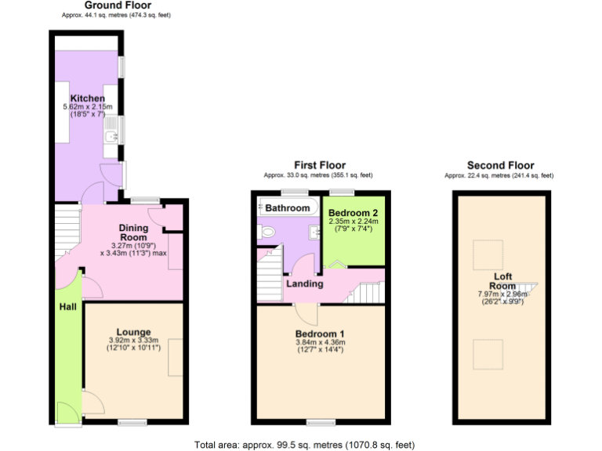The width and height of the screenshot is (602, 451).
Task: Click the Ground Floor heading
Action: coord(118,5)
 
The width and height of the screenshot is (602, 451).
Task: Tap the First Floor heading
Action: coord(319,165)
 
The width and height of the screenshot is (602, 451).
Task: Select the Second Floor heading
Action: coord(500,165)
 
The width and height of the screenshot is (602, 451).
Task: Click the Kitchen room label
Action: coord(88,98)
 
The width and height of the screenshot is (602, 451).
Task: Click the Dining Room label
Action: coord(133,233)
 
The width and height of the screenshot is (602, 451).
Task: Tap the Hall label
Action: coord(68,307)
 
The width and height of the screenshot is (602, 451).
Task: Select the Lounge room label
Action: coord(134,332)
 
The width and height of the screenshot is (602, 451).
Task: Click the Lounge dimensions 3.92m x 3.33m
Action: coord(134,341)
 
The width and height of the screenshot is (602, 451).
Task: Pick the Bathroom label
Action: coord(287,208)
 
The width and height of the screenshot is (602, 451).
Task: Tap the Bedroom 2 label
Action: coord(354,213)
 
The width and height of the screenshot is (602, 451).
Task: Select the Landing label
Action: coord(305,283)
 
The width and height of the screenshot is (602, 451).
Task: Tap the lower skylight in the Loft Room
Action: coord(485,355)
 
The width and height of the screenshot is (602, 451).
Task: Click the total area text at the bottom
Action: coord(304,444)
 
